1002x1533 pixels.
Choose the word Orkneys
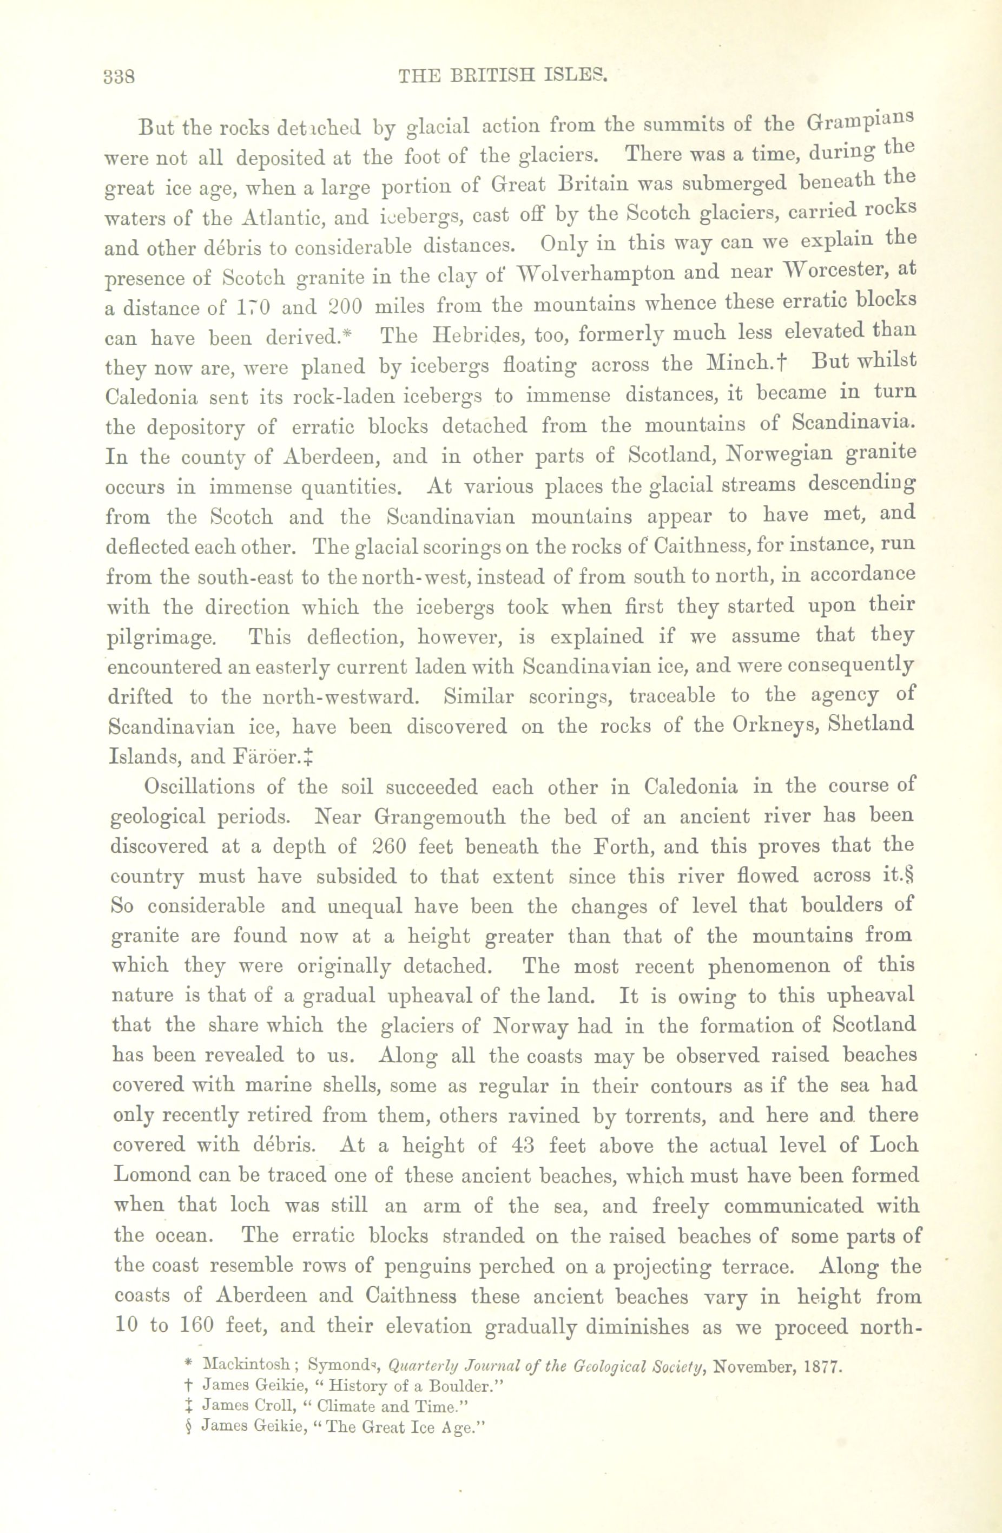click(x=773, y=724)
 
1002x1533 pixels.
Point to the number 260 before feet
click(x=389, y=846)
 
